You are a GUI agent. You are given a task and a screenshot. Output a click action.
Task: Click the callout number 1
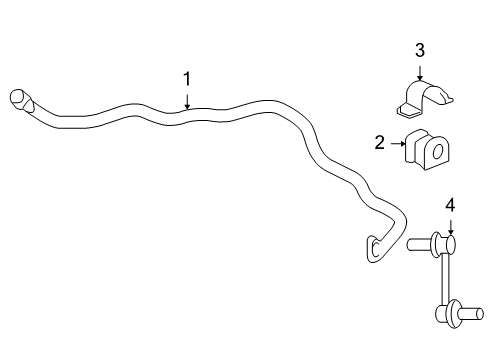click(x=186, y=77)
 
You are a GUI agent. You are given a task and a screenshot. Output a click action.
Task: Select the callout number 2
click(x=379, y=143)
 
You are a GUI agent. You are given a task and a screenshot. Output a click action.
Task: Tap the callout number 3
click(x=420, y=50)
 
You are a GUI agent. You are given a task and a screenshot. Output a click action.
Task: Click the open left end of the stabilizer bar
click(x=17, y=97)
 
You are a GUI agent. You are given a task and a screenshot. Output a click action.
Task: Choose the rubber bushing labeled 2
click(x=426, y=150)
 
